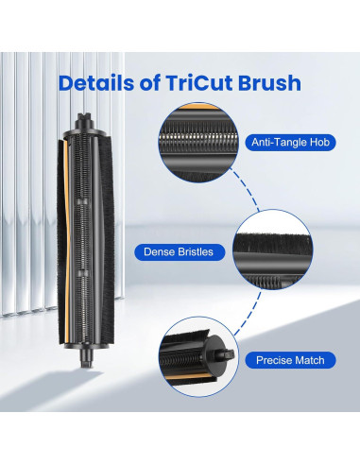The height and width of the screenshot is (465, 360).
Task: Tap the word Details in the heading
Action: click(98, 82)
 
